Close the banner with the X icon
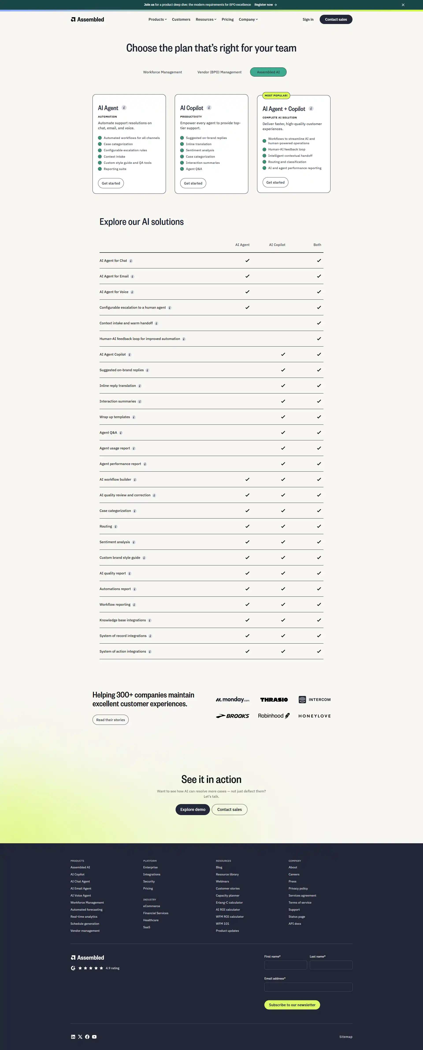click(403, 5)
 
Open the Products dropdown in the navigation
click(158, 20)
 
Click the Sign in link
click(308, 20)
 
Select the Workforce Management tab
click(162, 72)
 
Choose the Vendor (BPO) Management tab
click(219, 72)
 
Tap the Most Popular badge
click(276, 95)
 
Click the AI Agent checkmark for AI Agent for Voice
click(247, 292)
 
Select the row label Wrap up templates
click(115, 417)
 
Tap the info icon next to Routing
click(115, 527)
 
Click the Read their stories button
click(111, 720)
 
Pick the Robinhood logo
click(274, 716)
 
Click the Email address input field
click(308, 987)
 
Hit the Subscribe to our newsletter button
click(292, 1005)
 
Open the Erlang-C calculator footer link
click(229, 902)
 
